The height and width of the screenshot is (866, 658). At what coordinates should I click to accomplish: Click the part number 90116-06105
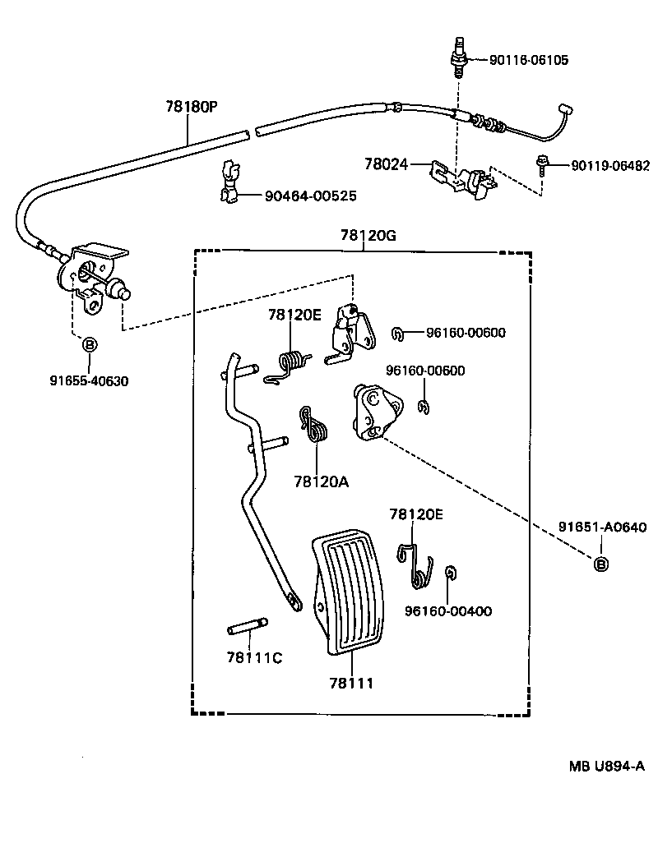click(529, 60)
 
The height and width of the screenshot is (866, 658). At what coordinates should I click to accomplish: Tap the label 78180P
click(192, 106)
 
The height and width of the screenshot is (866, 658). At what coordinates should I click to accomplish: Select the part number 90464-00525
click(311, 196)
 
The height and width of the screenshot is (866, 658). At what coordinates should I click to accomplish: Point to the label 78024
click(386, 164)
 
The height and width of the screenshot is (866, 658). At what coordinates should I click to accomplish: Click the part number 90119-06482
click(610, 165)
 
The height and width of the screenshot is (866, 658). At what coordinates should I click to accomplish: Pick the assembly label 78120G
click(368, 235)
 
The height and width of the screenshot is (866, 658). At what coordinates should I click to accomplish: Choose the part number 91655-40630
click(89, 381)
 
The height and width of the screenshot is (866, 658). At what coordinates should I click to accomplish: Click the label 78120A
click(322, 482)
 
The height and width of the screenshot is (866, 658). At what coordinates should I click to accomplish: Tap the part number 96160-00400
click(448, 611)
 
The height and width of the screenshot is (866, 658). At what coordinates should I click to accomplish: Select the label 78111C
click(254, 658)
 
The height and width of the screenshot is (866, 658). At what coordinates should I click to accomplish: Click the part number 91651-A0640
click(602, 527)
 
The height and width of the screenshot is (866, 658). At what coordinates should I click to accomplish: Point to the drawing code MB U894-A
click(606, 766)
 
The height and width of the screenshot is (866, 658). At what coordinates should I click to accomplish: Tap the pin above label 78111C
click(248, 626)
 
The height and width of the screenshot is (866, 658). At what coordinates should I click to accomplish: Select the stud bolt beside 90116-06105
click(459, 58)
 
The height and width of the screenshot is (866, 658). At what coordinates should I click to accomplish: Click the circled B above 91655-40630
click(89, 345)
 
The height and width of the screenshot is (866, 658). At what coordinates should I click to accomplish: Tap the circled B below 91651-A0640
click(601, 564)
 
